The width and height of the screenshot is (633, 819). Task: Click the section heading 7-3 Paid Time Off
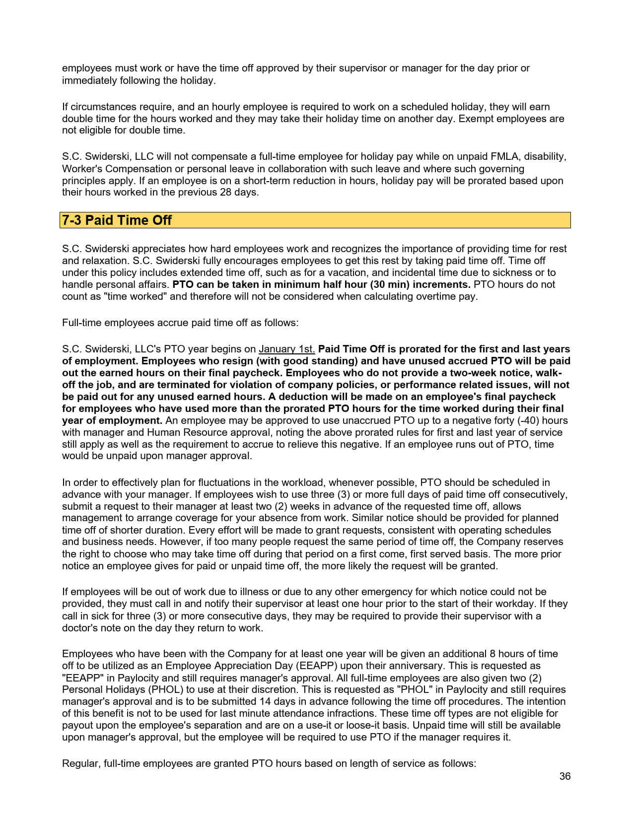(x=117, y=220)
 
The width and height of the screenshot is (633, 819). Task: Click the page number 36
(x=564, y=776)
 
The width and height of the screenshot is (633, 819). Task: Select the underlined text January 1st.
(x=286, y=349)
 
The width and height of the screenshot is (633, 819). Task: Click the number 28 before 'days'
(x=225, y=192)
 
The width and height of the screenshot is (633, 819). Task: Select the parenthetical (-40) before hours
(x=527, y=420)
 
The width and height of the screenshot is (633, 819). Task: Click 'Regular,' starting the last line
(x=81, y=763)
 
